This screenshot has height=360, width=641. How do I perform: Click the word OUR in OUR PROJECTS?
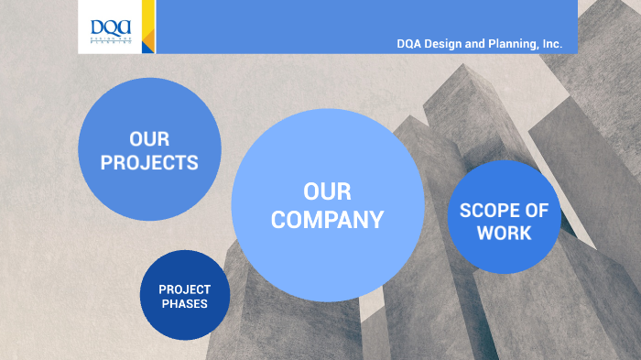tap(149, 140)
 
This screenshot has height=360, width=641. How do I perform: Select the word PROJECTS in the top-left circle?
tap(149, 163)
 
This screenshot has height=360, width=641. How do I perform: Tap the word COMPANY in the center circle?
tap(327, 220)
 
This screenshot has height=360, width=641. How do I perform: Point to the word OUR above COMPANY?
tap(327, 191)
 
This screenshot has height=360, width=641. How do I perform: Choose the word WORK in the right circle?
tap(504, 233)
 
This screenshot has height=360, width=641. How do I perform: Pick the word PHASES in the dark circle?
tap(184, 304)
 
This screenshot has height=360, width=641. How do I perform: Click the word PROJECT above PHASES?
tap(184, 289)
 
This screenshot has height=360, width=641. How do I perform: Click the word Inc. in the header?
tap(552, 43)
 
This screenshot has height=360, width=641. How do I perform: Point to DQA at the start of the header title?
tap(410, 43)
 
